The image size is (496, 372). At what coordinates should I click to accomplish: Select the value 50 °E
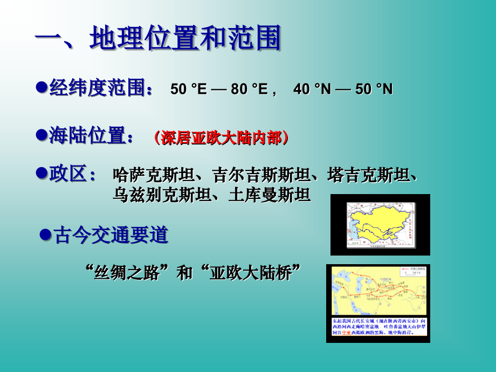coord(188,89)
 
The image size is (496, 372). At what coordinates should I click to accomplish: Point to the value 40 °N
coord(312,89)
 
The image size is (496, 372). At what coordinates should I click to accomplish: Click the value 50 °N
coord(374,89)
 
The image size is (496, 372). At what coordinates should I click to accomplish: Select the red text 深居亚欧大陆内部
coord(221,138)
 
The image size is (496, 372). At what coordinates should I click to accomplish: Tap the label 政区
coord(72,174)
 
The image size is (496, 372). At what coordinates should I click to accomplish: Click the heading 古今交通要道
coord(111,235)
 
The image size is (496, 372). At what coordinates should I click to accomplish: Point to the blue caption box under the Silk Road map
coord(378,326)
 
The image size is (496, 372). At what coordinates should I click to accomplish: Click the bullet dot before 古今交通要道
coord(46,235)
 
